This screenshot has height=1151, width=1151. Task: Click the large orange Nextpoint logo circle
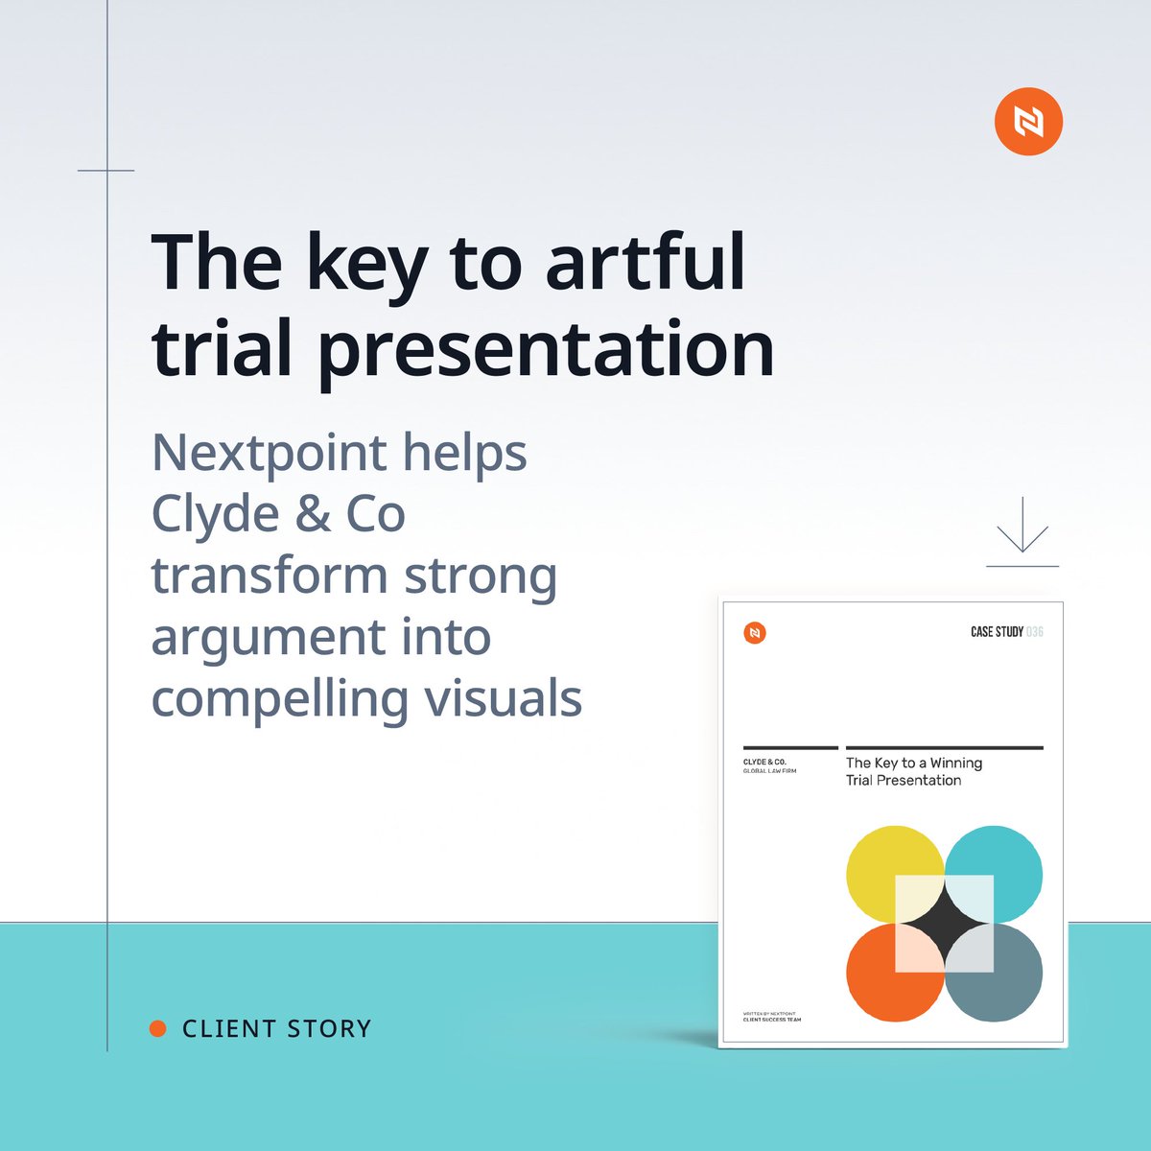pyautogui.click(x=1028, y=121)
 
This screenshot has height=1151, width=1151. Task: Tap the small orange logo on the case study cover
pyautogui.click(x=755, y=633)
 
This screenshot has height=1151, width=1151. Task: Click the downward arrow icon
pyautogui.click(x=1022, y=529)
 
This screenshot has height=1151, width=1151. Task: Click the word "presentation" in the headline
pyautogui.click(x=546, y=350)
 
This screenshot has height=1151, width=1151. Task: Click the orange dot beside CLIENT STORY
pyautogui.click(x=158, y=1029)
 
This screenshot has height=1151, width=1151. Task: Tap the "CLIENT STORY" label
pyautogui.click(x=276, y=1029)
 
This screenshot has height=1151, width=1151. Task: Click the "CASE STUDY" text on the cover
pyautogui.click(x=997, y=632)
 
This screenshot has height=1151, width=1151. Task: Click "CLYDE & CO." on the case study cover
pyautogui.click(x=764, y=762)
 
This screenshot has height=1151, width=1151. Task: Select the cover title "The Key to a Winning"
pyautogui.click(x=913, y=763)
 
